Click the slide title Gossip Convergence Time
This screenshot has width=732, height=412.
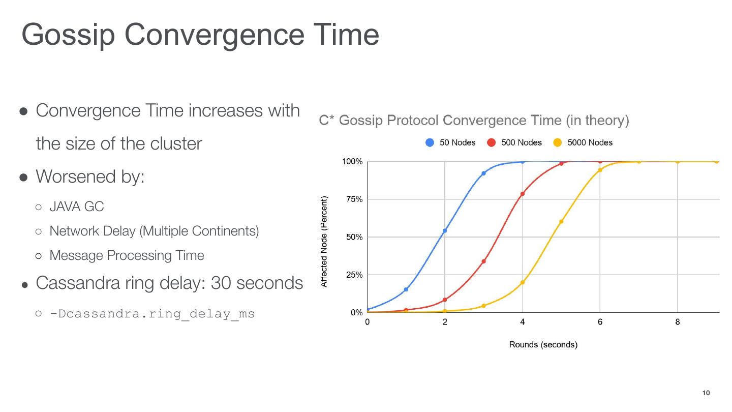pyautogui.click(x=200, y=35)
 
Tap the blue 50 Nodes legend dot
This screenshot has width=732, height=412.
pyautogui.click(x=430, y=142)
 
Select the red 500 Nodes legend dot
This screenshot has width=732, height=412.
pyautogui.click(x=491, y=142)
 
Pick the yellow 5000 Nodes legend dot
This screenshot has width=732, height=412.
pyautogui.click(x=557, y=142)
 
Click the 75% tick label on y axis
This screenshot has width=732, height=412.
pyautogui.click(x=352, y=199)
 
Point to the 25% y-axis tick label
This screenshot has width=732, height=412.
pyautogui.click(x=352, y=275)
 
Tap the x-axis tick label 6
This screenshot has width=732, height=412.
pyautogui.click(x=600, y=322)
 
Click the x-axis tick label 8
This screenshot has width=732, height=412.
pyautogui.click(x=678, y=322)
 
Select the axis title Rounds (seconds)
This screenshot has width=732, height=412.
pyautogui.click(x=543, y=344)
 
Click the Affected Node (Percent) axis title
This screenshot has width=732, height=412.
pyautogui.click(x=324, y=242)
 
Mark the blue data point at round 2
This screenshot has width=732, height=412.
pyautogui.click(x=445, y=231)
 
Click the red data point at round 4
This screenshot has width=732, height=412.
pyautogui.click(x=522, y=194)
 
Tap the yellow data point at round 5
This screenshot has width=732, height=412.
pyautogui.click(x=561, y=222)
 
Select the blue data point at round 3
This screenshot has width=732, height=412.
pyautogui.click(x=483, y=173)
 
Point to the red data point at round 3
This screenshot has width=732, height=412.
pyautogui.click(x=483, y=261)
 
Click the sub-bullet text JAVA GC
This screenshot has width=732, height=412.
pyautogui.click(x=76, y=207)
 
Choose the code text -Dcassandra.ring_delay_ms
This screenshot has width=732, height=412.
pyautogui.click(x=151, y=313)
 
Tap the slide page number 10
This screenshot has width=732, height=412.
pyautogui.click(x=706, y=393)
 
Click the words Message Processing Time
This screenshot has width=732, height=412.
pyautogui.click(x=127, y=255)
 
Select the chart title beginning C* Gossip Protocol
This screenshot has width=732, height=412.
pyautogui.click(x=474, y=121)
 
